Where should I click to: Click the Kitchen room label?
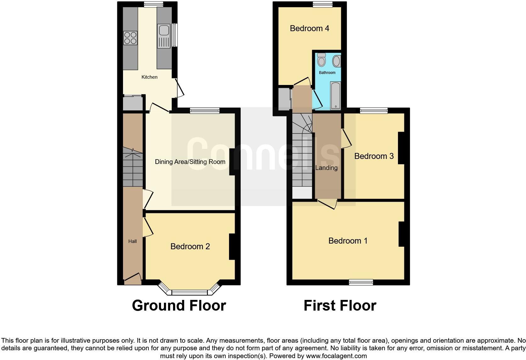tap(149, 77)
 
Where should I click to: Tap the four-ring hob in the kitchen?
tap(130, 38)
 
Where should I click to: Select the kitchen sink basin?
tap(164, 31)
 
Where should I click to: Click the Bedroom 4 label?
tap(310, 28)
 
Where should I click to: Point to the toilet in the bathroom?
tap(321, 60)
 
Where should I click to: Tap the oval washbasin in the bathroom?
tap(336, 61)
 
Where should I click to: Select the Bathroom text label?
tap(327, 73)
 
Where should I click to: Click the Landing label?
tap(326, 168)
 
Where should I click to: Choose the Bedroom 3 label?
tap(374, 156)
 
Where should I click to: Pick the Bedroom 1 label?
tap(348, 241)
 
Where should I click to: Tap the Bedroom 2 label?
tap(190, 246)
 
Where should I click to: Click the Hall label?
tap(132, 241)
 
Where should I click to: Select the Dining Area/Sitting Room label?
tap(190, 162)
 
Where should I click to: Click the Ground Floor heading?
tap(179, 306)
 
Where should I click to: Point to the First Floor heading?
tap(340, 306)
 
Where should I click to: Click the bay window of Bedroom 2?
tap(189, 292)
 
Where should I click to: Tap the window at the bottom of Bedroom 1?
tap(361, 282)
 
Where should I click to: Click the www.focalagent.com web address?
tap(336, 356)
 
